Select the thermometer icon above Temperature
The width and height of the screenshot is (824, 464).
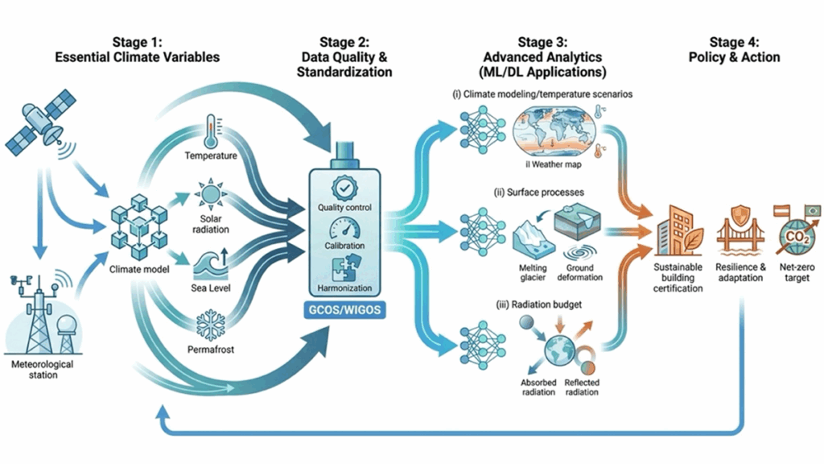pyautogui.click(x=211, y=130)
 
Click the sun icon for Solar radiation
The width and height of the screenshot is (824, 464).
pyautogui.click(x=211, y=197)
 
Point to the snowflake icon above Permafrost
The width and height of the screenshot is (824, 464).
pyautogui.click(x=211, y=327)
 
